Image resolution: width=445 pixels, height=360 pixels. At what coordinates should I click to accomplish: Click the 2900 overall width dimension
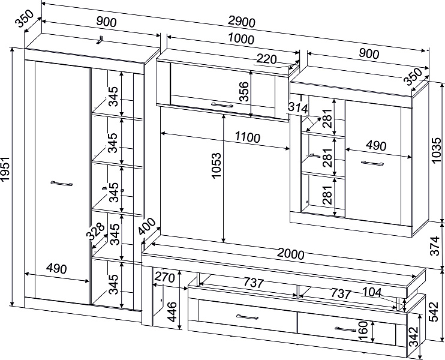coord(242,22)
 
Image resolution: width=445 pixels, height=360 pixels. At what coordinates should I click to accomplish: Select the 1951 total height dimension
coord(5,169)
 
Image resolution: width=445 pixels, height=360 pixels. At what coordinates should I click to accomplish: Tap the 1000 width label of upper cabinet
coord(241,39)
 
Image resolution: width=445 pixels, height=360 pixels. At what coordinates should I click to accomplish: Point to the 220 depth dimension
coord(266,59)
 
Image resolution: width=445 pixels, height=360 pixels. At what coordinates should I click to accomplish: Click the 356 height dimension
coord(243,91)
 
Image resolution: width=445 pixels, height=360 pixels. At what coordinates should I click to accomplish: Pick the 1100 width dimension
coord(248,137)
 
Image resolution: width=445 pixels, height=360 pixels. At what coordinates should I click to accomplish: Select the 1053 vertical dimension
coord(217,166)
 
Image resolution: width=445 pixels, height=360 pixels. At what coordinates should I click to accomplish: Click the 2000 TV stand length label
coord(290,254)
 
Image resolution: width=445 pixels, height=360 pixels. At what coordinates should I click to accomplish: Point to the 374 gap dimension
coord(435,246)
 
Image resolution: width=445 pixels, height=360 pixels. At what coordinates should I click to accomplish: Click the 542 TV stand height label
coord(434,312)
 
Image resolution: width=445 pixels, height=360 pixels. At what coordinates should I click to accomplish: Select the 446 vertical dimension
coord(172,312)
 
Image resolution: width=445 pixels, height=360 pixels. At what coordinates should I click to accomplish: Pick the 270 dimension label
coord(164,277)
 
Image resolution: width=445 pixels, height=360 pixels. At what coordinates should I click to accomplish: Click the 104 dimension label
coord(372,292)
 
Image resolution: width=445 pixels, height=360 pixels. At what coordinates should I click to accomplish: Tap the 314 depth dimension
coord(298,108)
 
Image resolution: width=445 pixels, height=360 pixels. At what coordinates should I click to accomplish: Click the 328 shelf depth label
coord(95,231)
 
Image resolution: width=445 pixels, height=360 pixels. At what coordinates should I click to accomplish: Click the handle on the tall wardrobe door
coord(62,184)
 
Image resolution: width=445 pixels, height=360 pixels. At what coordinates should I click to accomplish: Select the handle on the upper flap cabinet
coord(222,105)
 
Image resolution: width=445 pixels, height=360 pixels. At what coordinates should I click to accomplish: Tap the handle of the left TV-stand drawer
coord(247,317)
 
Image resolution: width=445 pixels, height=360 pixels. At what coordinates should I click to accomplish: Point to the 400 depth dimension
coord(147,226)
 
